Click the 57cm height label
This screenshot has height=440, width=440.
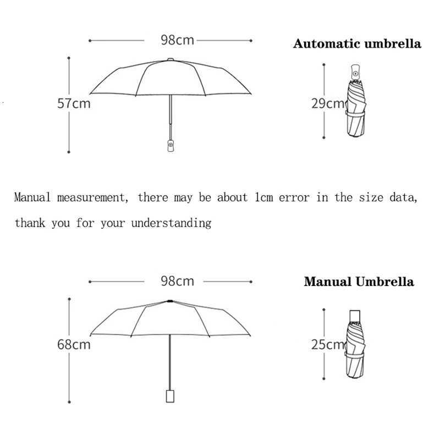[x=74, y=103]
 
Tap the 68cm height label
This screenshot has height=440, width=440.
[x=74, y=345]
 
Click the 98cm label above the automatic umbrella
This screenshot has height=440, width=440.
[x=177, y=40]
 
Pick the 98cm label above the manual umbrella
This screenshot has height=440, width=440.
[x=177, y=281]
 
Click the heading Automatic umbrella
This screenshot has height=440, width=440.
[x=357, y=44]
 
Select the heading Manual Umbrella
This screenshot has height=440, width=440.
[x=359, y=282]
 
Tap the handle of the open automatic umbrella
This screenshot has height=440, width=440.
[x=170, y=145]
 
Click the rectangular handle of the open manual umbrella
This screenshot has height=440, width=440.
[x=170, y=396]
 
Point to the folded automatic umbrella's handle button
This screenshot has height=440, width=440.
[x=355, y=72]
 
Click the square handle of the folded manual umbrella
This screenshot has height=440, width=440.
[x=355, y=315]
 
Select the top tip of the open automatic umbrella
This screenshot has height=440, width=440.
[x=170, y=59]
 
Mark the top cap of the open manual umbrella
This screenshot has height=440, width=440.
[x=170, y=301]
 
